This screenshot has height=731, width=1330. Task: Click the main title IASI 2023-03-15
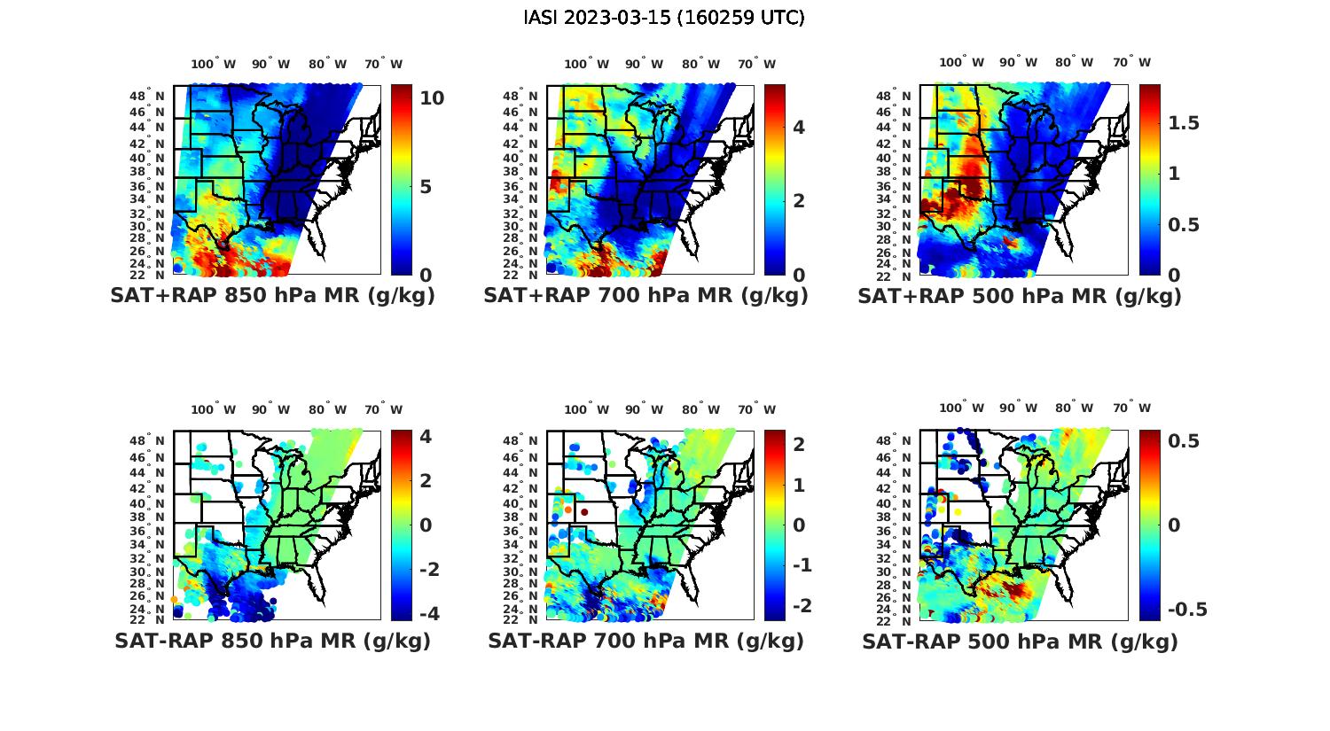point(664,18)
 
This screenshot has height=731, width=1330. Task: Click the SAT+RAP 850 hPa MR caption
point(273,296)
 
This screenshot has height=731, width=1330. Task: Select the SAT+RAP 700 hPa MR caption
point(646,296)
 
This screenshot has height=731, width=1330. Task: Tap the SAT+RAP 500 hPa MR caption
point(1020,296)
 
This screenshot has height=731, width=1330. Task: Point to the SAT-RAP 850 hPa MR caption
point(273,641)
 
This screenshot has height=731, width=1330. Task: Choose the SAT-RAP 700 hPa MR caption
point(646,641)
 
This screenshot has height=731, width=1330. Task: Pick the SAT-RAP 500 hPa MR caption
point(1020,641)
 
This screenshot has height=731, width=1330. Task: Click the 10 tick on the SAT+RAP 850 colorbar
point(432,97)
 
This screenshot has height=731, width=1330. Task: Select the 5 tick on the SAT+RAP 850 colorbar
point(426,187)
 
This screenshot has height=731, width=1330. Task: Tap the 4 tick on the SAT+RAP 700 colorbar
point(799,128)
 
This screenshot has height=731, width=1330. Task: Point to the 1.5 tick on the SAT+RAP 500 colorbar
point(1184,122)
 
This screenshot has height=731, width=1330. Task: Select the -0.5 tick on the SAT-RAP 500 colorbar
point(1187,609)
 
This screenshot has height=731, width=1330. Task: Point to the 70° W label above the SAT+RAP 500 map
point(1132,62)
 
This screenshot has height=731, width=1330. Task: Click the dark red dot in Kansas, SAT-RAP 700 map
point(584,512)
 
